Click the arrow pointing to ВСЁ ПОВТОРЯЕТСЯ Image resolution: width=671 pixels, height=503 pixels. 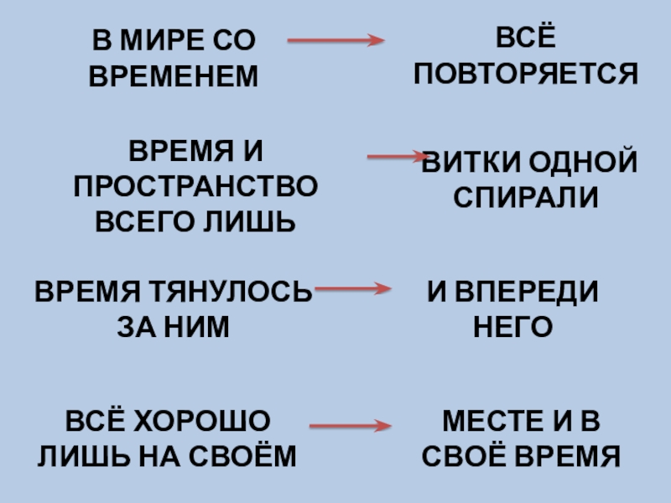click(335, 40)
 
